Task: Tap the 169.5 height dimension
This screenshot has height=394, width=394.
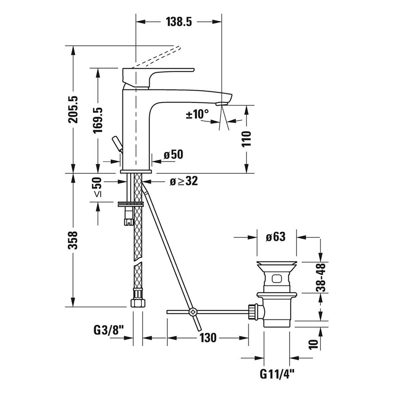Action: coord(97,121)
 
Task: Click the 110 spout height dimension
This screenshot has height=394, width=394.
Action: coord(246,139)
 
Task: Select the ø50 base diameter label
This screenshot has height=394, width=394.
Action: coord(173,155)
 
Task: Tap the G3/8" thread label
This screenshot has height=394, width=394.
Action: coord(108,331)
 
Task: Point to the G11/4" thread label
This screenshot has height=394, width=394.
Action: coord(277,373)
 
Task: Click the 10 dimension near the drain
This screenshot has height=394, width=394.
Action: coord(313,343)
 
